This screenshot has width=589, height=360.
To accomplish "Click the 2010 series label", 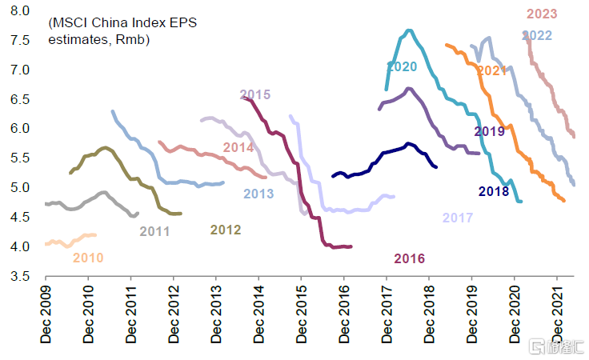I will (88, 258).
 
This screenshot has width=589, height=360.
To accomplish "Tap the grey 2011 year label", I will (154, 231).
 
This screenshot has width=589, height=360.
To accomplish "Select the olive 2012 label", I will (226, 230).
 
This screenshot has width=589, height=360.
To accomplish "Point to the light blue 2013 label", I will (258, 194).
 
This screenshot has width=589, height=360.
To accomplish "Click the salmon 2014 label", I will (238, 147).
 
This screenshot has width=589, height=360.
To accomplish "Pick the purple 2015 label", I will (255, 95).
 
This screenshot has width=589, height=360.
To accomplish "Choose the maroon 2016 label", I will (409, 258).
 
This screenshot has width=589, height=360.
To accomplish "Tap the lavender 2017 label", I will (458, 218).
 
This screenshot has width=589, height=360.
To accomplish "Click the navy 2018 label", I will (494, 191).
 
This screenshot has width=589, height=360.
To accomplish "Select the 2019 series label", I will (489, 131).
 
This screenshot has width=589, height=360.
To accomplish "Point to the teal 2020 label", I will (402, 66).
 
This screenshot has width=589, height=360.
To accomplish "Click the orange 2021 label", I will (492, 72).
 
